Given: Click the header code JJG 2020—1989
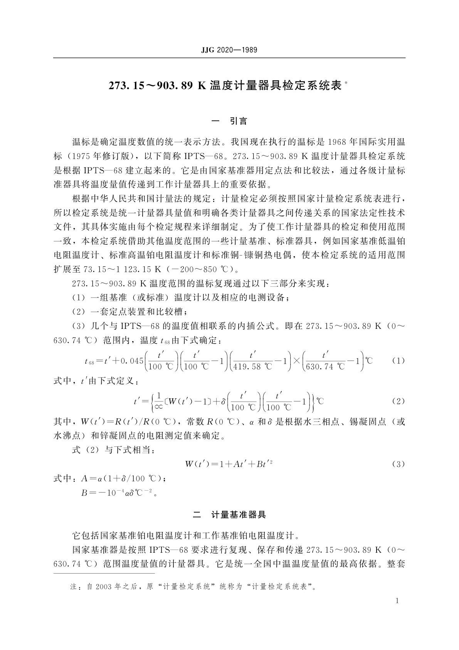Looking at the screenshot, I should [229, 50].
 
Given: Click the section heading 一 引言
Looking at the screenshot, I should [230, 121].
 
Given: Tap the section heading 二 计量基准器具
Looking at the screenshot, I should [230, 515].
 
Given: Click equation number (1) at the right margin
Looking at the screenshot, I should [398, 361].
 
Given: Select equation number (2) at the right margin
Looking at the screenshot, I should [398, 401].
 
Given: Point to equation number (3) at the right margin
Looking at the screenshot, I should [398, 464].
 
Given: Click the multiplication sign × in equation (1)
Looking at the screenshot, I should [297, 361].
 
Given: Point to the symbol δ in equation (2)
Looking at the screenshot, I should [222, 401].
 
